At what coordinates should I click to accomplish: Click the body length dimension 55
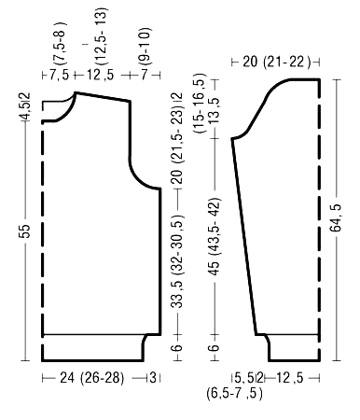(x=25, y=231)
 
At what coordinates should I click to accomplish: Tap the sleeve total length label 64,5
(x=336, y=218)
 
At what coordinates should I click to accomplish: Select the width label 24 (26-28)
(x=91, y=378)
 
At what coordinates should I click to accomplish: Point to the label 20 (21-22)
(x=276, y=62)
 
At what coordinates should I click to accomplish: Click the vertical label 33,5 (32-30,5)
(x=178, y=260)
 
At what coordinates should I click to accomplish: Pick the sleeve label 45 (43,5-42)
(x=215, y=236)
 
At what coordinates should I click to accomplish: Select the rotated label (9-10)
(x=145, y=47)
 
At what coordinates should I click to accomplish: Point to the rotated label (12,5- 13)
(x=102, y=36)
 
